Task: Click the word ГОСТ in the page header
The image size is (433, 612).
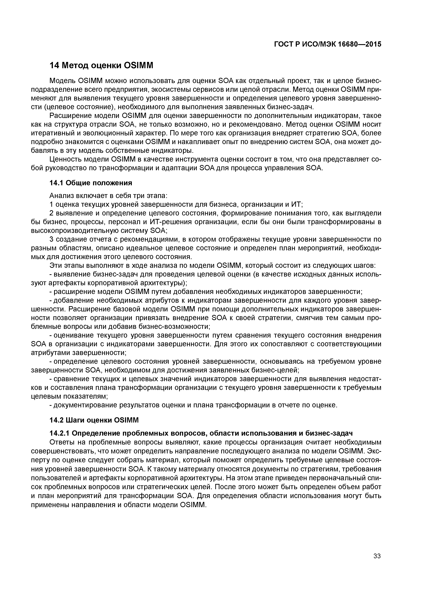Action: pyautogui.click(x=284, y=44)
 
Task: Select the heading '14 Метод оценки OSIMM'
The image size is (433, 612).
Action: pyautogui.click(x=102, y=65)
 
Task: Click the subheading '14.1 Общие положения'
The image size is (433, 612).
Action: pyautogui.click(x=91, y=183)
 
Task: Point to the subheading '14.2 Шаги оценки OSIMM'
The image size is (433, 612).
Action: pyautogui.click(x=94, y=420)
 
